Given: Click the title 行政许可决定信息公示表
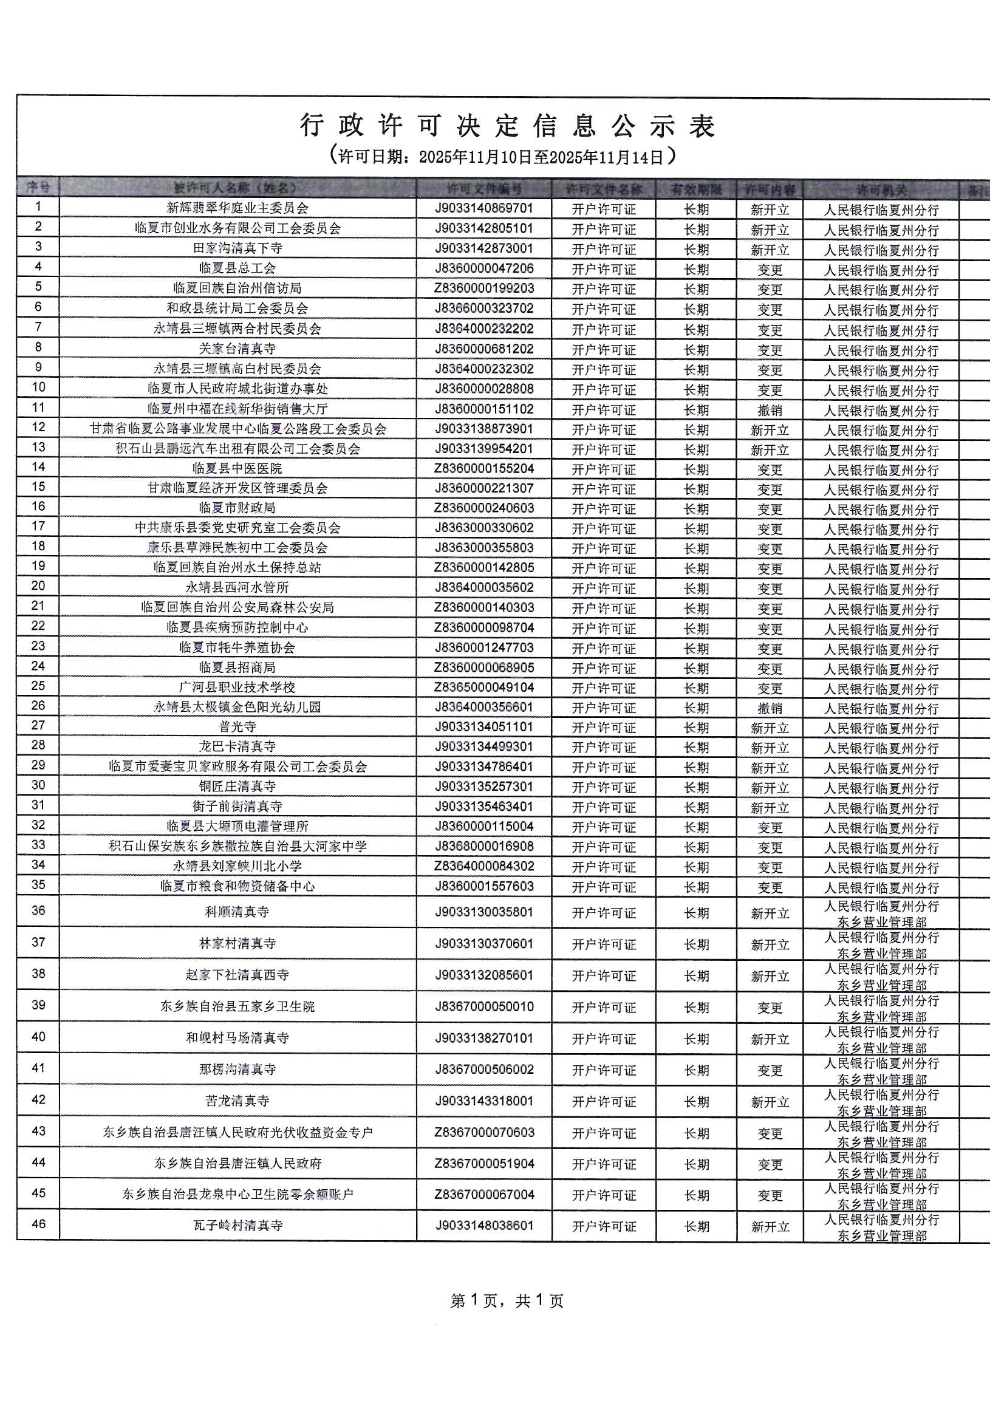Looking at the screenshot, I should pos(507,126).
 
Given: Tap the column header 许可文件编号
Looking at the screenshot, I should pos(483,189).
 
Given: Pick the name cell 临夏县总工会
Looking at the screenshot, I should pos(237,268).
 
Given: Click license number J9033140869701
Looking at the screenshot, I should pos(483,208).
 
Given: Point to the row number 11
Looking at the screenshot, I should pos(38,408).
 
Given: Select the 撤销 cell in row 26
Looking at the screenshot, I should pos(770,708).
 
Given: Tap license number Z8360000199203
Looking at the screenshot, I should pos(483,288).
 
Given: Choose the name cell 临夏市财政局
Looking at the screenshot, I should pos(237,508).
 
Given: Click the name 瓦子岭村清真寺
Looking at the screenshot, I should pos(237,1225).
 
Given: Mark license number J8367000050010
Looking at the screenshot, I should pos(483,1006).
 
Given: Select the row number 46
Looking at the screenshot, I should pos(38,1224).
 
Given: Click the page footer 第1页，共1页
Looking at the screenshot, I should pos(507,1300).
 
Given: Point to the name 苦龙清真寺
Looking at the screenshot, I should pos(237,1101).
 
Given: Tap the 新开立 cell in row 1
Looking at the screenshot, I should pos(770,210).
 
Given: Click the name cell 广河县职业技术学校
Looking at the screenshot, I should pos(237,688).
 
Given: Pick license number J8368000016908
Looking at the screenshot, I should pos(483,846).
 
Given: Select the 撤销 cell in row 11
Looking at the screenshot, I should pos(770,410).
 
